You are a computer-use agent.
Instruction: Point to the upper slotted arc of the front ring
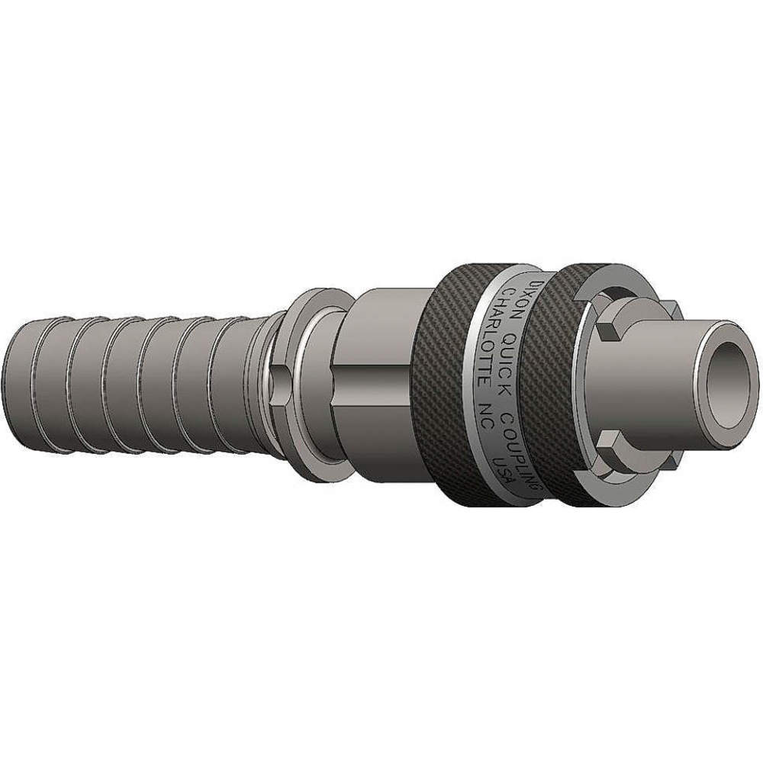pyautogui.click(x=610, y=294)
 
